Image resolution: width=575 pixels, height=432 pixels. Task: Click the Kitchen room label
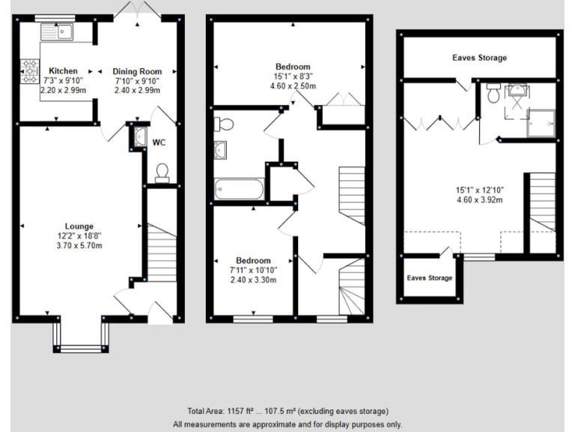tap(63, 71)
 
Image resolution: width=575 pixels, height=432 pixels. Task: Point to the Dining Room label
tap(137, 71)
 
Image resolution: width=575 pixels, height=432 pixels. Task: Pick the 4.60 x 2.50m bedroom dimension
tap(293, 86)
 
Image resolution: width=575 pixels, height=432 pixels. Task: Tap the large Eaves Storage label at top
tap(479, 58)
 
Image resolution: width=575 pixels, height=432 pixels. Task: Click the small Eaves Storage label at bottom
tap(429, 278)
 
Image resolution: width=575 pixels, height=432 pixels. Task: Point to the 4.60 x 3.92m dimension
tap(479, 199)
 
